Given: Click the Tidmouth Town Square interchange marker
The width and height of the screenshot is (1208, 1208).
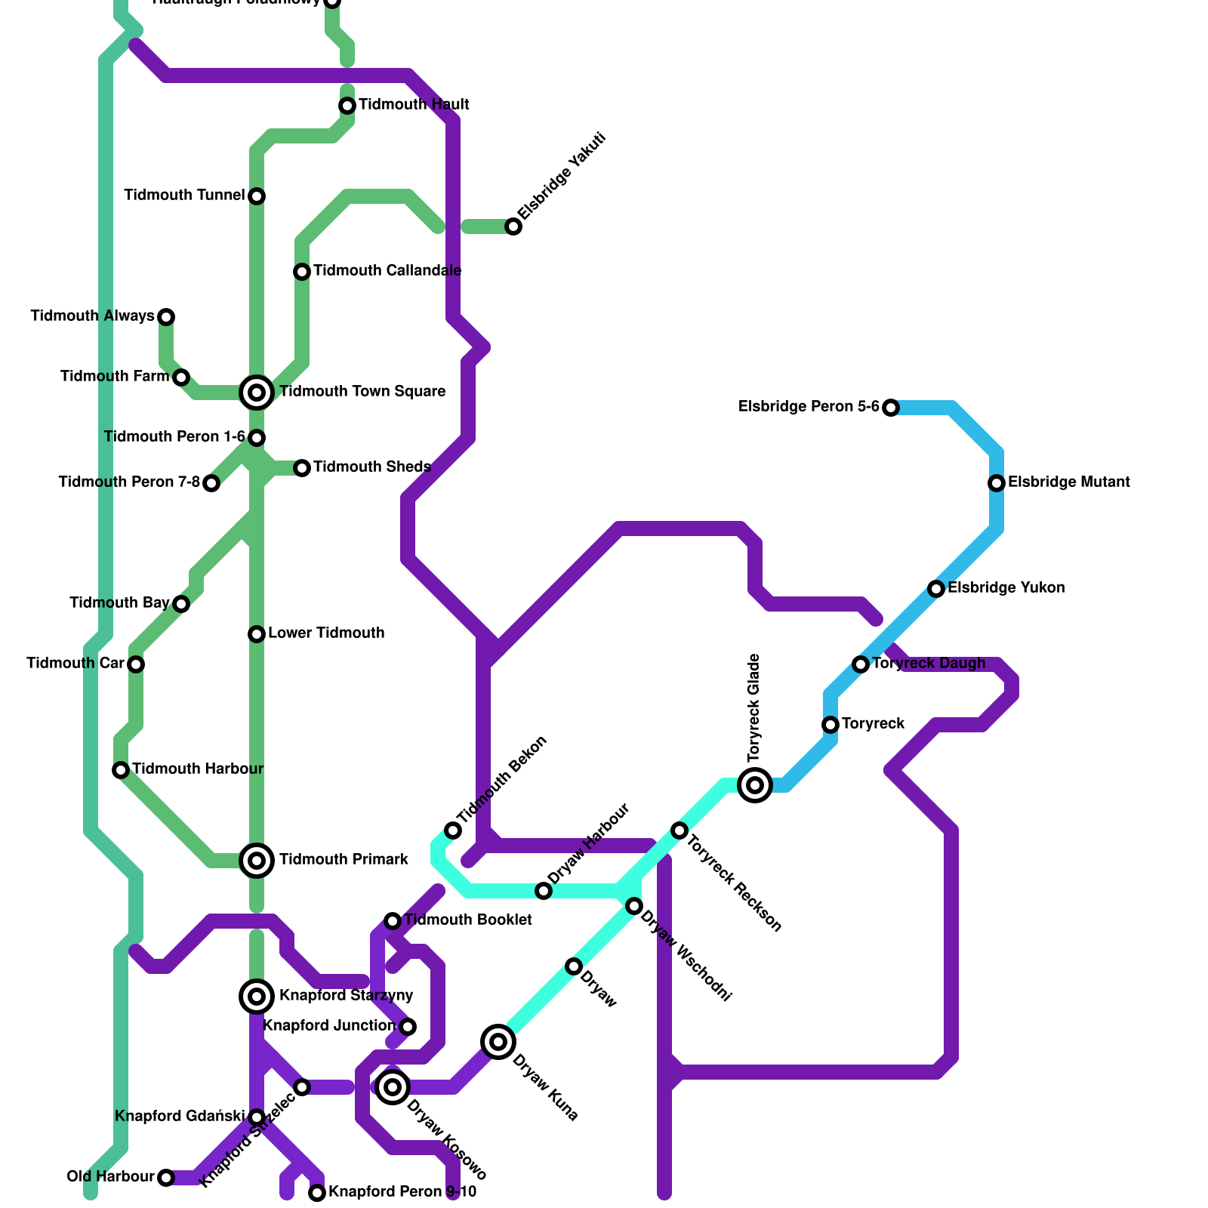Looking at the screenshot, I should pos(257,392).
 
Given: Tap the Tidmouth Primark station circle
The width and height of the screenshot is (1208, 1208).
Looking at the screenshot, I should pos(257,860).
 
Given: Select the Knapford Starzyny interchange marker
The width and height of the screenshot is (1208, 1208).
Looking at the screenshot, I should pos(257,997).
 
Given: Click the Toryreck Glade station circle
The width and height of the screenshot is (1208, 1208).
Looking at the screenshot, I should pos(755,784).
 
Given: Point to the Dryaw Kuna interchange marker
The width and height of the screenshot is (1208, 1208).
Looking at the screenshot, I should pos(498,1042).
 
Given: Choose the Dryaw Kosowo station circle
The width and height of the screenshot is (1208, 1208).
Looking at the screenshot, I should pos(393,1087).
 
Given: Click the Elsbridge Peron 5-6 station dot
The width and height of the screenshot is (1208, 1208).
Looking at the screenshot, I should pos(891,408).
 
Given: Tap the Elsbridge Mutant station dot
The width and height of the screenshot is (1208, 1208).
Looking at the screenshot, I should pos(997,482).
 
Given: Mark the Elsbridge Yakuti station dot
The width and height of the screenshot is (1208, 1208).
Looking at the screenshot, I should pos(513,226).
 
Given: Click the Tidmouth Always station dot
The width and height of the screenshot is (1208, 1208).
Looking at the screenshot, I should pos(166,316).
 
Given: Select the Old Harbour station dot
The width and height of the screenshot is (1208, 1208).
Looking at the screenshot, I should pos(166,1177).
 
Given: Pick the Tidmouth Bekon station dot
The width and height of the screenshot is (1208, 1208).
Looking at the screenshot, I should pos(453,830).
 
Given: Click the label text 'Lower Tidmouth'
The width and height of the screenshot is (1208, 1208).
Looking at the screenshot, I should pos(326,633).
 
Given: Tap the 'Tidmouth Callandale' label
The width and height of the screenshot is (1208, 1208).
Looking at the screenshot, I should pos(387,270).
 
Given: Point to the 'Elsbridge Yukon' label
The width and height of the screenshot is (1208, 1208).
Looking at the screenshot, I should pos(1006,587).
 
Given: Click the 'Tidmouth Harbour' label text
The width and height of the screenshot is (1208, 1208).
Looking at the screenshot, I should pos(198,769).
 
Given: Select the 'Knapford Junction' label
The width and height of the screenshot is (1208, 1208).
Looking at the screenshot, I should pos(329,1025).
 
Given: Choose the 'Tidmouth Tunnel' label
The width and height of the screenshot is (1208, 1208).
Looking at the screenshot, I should pos(184,195).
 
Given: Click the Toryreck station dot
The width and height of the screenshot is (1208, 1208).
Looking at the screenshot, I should pos(830,724).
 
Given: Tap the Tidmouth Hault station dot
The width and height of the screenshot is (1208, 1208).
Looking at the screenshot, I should pos(347,106).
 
